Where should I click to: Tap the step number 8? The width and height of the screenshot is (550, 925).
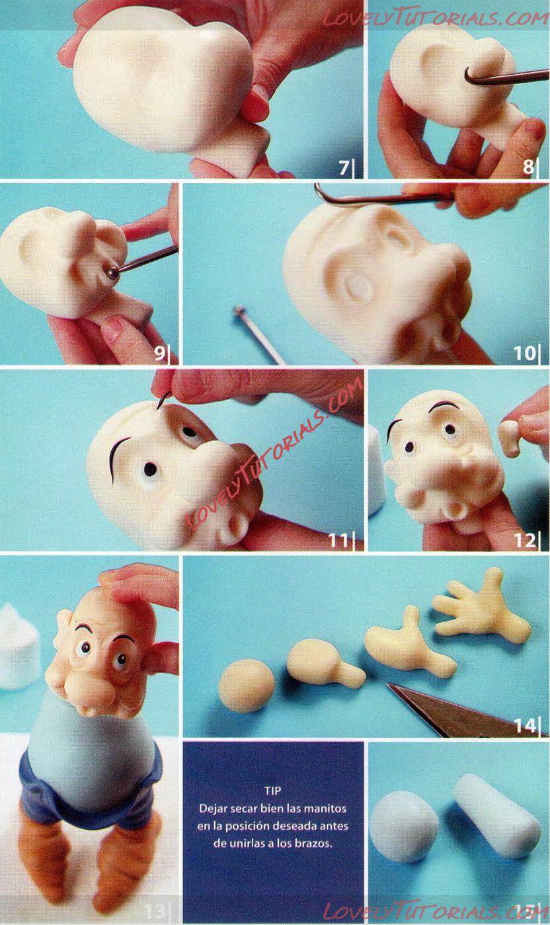pos(528,167)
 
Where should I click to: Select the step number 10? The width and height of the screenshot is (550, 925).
pos(524,353)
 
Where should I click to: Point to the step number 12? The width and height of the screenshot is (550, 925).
pos(524,540)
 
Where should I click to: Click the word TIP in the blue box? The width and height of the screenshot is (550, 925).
pos(272,791)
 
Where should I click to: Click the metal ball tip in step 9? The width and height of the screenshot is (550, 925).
pos(113,273)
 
